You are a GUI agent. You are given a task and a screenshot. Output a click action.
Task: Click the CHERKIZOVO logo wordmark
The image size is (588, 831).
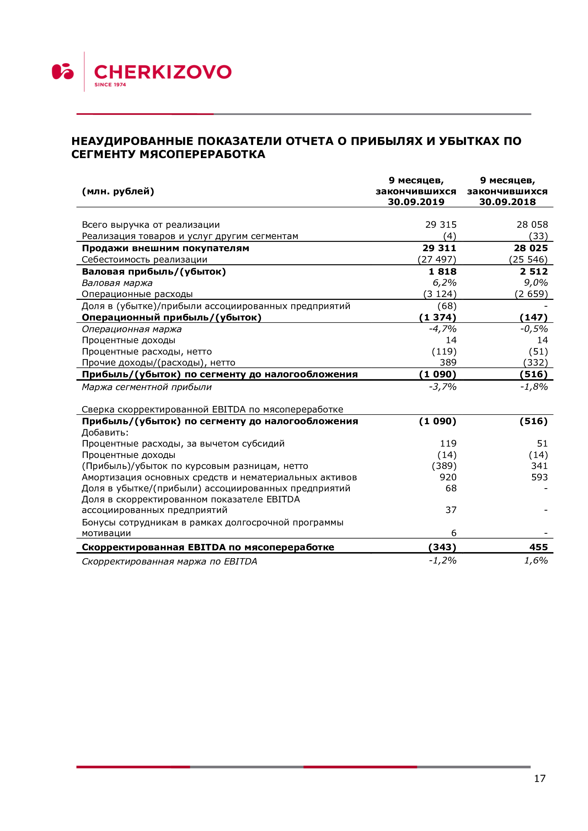click(162, 72)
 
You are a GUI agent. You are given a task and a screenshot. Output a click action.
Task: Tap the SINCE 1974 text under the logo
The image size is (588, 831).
click(110, 85)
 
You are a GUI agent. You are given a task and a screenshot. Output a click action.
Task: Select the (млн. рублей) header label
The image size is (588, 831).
click(118, 191)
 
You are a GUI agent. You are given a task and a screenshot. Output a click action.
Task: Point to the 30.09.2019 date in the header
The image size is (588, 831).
click(416, 202)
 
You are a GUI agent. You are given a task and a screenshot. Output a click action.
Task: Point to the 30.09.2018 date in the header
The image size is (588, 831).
click(507, 202)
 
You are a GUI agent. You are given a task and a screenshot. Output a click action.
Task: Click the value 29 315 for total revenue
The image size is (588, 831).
click(440, 225)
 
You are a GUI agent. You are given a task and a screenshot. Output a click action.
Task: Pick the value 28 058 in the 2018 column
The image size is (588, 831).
click(532, 225)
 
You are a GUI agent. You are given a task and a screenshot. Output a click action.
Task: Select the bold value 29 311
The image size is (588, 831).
click(439, 248)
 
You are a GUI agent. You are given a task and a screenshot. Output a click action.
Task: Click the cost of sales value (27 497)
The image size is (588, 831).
click(437, 259)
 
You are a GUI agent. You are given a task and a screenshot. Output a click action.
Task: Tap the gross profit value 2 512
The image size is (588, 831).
click(534, 271)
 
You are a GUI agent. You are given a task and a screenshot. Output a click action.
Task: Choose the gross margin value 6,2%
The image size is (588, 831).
click(444, 283)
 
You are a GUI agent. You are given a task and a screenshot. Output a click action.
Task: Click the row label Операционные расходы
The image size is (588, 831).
click(137, 294)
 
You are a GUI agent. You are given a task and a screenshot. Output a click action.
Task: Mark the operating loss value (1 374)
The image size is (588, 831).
click(437, 317)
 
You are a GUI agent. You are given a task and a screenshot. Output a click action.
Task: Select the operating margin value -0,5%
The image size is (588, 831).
click(534, 329)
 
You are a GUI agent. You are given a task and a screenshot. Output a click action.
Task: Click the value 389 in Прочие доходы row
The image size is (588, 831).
click(448, 362)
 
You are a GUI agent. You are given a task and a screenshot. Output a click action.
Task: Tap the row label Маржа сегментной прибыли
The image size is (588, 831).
click(146, 387)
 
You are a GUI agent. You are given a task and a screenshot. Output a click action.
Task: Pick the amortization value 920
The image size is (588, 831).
click(448, 477)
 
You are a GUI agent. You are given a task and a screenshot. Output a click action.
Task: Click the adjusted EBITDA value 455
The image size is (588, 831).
click(538, 547)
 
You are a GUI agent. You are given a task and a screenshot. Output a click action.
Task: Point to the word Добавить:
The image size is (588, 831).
click(105, 432)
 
